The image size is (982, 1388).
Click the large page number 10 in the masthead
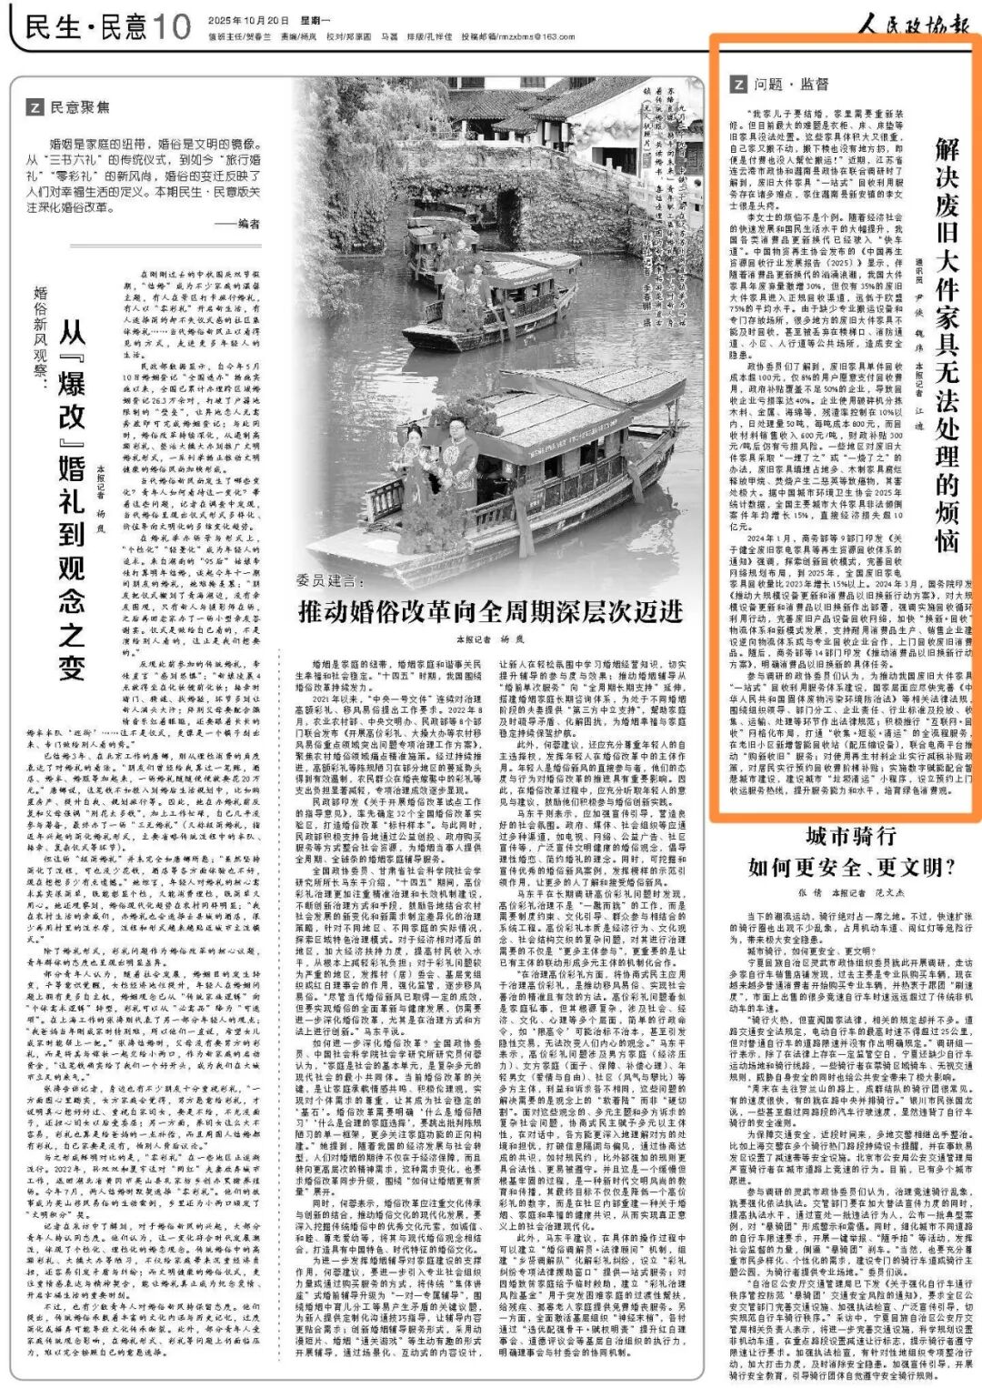pos(170,26)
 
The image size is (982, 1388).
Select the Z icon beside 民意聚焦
pos(35,107)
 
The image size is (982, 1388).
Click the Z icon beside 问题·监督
pos(737,85)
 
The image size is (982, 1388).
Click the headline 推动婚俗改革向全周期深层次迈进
pos(490,610)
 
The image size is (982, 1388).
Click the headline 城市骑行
pos(850,836)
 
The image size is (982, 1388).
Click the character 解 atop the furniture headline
pos(947,149)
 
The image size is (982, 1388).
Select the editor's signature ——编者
pos(237,224)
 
